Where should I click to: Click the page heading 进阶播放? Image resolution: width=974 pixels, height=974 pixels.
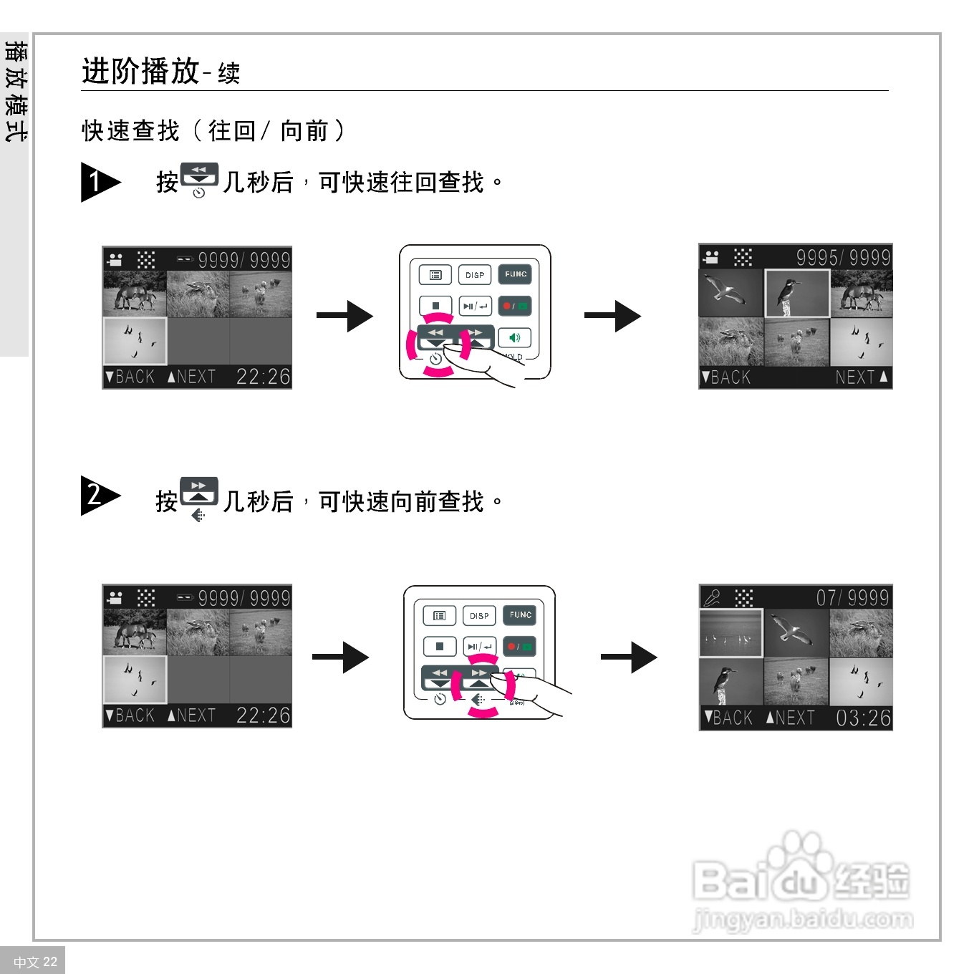coord(140,72)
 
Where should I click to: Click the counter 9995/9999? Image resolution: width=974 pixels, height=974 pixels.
coord(843,258)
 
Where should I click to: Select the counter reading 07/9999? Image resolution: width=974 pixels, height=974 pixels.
coord(852,598)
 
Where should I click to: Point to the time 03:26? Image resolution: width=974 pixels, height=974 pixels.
coord(863,718)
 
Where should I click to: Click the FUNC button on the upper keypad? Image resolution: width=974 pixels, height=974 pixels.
coord(516,274)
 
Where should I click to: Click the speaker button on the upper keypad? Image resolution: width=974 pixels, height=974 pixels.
coord(514,337)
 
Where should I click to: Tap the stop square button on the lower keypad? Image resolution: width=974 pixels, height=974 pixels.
coord(440,646)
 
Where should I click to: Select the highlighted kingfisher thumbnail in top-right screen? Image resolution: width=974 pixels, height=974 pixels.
coord(797,294)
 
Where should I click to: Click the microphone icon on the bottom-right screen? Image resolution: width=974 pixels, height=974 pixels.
coord(712,597)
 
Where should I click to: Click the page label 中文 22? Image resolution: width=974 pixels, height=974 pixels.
coord(35,962)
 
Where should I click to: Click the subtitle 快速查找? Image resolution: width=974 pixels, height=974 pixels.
coord(130,131)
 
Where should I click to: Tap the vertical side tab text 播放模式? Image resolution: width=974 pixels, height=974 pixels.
coord(15,91)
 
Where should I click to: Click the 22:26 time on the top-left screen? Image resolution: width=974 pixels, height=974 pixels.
coord(263,377)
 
